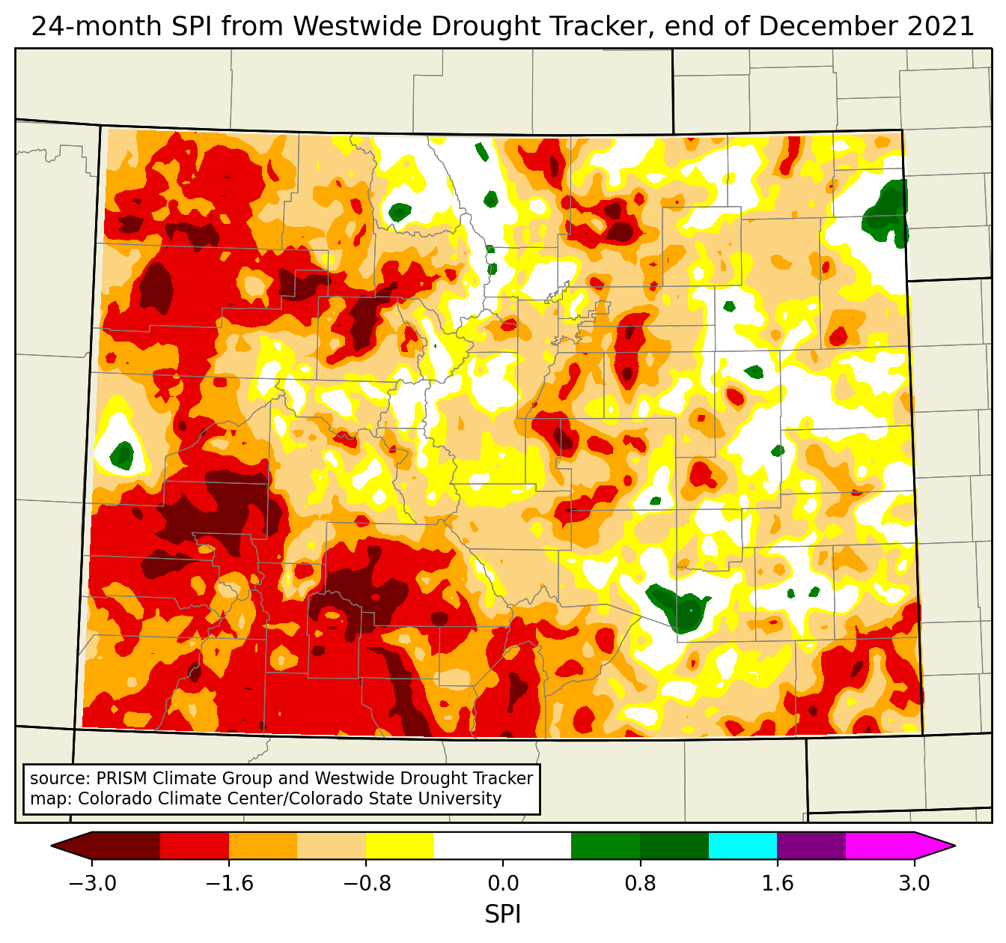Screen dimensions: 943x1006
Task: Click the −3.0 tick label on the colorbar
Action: pyautogui.click(x=92, y=884)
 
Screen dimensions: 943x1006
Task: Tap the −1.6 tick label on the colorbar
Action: pyautogui.click(x=229, y=884)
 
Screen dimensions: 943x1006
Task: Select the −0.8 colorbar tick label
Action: pyautogui.click(x=366, y=884)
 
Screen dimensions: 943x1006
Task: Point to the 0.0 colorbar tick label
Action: pyautogui.click(x=503, y=884)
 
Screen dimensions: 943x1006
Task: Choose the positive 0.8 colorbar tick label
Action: pyautogui.click(x=640, y=884)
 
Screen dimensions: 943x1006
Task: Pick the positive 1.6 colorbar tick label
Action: pyautogui.click(x=777, y=884)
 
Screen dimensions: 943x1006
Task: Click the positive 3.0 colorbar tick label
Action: pyautogui.click(x=914, y=884)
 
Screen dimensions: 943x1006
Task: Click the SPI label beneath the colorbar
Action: pyautogui.click(x=503, y=915)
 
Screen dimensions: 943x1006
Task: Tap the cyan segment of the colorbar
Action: pyautogui.click(x=743, y=846)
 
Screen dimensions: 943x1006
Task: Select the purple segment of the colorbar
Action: pyautogui.click(x=811, y=846)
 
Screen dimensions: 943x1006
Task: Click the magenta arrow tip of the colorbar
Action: pyautogui.click(x=936, y=846)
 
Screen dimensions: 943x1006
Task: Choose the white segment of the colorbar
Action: pyautogui.click(x=503, y=846)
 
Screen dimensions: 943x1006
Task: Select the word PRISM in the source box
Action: pyautogui.click(x=123, y=778)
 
